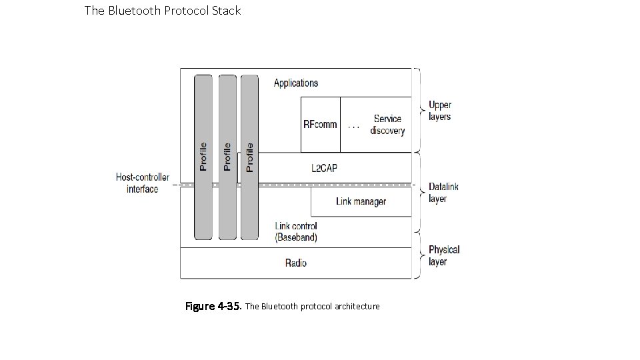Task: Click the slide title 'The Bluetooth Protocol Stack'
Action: click(x=163, y=11)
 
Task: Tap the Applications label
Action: click(x=296, y=83)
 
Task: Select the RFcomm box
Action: click(x=320, y=124)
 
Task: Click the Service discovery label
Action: click(x=387, y=125)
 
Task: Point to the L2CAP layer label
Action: click(x=324, y=168)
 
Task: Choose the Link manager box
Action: click(x=361, y=201)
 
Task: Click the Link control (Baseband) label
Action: click(x=296, y=231)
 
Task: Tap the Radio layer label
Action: click(x=296, y=263)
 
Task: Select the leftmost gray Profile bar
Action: click(x=203, y=157)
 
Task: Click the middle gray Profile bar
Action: click(x=227, y=157)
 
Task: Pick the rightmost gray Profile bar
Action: click(x=249, y=157)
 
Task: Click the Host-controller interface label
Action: click(x=143, y=183)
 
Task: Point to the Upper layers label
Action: click(x=439, y=111)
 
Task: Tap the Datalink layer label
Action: click(x=443, y=193)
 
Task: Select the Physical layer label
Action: click(x=444, y=255)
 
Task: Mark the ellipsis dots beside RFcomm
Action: click(x=353, y=127)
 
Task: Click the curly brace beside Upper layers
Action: click(x=418, y=110)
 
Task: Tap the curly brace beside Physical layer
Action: click(x=418, y=255)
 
